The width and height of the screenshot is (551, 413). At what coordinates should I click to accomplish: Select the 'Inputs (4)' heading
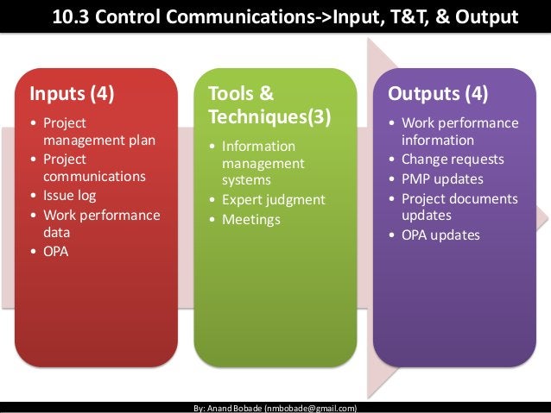[73, 92]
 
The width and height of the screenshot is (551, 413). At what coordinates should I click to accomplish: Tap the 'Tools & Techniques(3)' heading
[269, 104]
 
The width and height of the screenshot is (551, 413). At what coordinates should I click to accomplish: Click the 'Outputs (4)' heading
[438, 92]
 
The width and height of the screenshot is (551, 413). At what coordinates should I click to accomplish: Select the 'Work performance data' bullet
[95, 223]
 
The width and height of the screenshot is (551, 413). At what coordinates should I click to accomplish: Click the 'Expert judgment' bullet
[273, 200]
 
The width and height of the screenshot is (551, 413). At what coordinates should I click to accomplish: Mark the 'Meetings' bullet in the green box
[251, 219]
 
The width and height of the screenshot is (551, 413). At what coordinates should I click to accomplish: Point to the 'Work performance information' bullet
[459, 131]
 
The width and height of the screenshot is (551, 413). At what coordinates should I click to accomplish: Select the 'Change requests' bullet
[453, 160]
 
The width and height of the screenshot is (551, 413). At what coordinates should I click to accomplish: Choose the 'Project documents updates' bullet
[459, 207]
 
